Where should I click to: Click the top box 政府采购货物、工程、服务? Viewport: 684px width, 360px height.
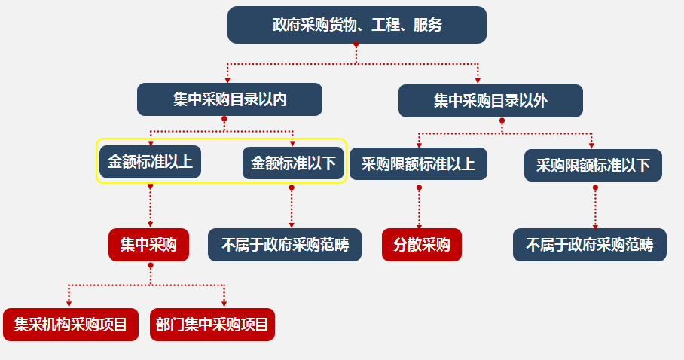pyautogui.click(x=356, y=25)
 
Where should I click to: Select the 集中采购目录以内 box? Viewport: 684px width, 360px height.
pyautogui.click(x=230, y=99)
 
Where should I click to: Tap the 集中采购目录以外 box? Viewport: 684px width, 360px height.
pyautogui.click(x=490, y=101)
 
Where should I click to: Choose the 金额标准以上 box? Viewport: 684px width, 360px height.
pyautogui.click(x=150, y=162)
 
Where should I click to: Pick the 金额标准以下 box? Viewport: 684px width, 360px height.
pyautogui.click(x=293, y=163)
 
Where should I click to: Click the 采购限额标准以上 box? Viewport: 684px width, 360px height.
pyautogui.click(x=418, y=164)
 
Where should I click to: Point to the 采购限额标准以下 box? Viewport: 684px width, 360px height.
pyautogui.click(x=593, y=166)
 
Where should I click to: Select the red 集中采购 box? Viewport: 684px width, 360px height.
pyautogui.click(x=148, y=245)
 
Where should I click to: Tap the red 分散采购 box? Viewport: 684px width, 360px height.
pyautogui.click(x=421, y=245)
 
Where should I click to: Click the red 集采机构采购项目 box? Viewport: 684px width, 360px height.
pyautogui.click(x=71, y=325)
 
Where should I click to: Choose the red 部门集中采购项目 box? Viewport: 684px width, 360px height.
pyautogui.click(x=212, y=325)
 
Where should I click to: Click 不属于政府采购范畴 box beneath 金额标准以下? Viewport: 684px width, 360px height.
pyautogui.click(x=284, y=245)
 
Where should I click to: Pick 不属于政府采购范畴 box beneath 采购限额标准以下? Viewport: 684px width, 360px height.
pyautogui.click(x=590, y=245)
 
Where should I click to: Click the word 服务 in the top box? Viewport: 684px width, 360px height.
pyautogui.click(x=428, y=25)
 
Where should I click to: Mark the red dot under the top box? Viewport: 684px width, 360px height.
pyautogui.click(x=356, y=45)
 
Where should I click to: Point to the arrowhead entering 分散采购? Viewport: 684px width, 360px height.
pyautogui.click(x=420, y=224)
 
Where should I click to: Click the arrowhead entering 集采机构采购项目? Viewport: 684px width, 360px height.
pyautogui.click(x=69, y=304)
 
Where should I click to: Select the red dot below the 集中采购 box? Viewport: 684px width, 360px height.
pyautogui.click(x=151, y=265)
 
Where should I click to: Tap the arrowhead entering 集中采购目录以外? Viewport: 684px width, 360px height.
pyautogui.click(x=478, y=80)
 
